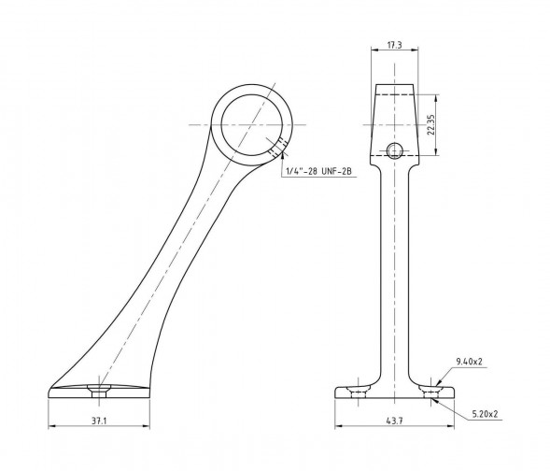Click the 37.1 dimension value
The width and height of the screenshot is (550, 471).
(x=99, y=421)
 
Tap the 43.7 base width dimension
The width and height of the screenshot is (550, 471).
(x=395, y=421)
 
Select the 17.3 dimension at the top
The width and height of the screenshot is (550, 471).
(x=394, y=45)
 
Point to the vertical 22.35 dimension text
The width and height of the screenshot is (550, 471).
(x=431, y=124)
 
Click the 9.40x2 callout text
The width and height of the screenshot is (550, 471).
(x=469, y=361)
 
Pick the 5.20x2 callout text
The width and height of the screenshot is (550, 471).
(x=485, y=414)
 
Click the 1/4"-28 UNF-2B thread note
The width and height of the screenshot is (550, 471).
(x=318, y=171)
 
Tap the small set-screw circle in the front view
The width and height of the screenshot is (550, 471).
(x=394, y=150)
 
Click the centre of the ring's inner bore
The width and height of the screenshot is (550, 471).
(x=252, y=124)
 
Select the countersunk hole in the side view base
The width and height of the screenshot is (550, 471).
(x=99, y=391)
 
